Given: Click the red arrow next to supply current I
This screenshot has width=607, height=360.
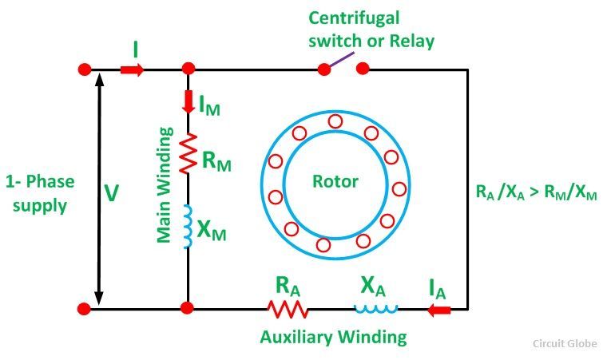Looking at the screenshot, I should pos(133,70).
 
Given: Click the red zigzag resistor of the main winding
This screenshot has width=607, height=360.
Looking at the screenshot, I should pos(188,153).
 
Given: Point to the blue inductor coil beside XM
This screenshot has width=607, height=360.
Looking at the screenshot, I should pos(188,227).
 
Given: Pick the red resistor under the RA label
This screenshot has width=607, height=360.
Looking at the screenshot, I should pos(287,309).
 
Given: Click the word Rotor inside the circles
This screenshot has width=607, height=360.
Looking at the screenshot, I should pos(335,181).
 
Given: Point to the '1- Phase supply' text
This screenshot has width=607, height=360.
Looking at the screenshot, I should pos(40,193).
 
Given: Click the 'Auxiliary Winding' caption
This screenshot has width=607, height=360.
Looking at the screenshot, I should pos(333,337).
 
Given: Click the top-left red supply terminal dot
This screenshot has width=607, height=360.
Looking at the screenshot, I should pos(83,70).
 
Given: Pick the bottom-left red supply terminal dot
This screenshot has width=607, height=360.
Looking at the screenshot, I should pos(83,308).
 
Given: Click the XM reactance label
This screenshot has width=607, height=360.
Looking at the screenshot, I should pos(212,231).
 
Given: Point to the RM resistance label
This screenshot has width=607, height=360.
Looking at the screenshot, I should pos(216,163).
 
